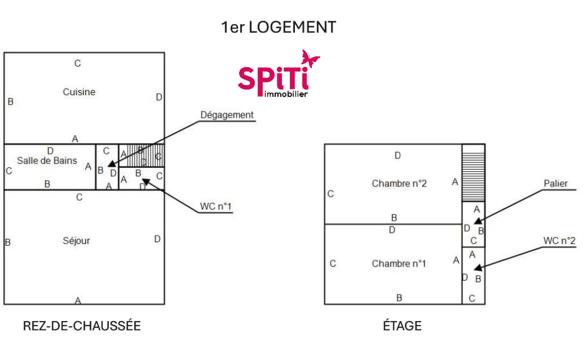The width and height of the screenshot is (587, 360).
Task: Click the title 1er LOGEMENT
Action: point(278,27)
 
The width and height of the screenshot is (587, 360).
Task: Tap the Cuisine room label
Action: point(79,92)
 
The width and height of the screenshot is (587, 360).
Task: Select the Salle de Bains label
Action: point(47,161)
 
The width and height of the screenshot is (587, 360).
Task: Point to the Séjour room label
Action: point(76,241)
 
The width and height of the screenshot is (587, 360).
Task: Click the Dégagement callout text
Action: point(227,115)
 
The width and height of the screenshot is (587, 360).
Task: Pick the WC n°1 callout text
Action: point(216,206)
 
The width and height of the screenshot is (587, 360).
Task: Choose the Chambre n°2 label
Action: point(399,184)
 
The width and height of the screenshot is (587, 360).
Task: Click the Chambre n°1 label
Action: point(399,264)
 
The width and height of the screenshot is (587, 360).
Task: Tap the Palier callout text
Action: point(555,184)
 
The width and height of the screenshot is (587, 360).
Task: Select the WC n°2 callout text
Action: point(559,241)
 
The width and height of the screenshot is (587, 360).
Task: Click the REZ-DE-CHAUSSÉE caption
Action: point(82,326)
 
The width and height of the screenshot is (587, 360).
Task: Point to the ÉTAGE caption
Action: point(402,326)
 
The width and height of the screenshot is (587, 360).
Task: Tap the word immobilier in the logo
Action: point(286,94)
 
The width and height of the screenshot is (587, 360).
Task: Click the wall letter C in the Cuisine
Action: point(77,63)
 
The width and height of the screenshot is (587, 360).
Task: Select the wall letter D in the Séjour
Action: point(157,239)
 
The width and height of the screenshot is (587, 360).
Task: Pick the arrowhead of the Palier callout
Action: point(478,221)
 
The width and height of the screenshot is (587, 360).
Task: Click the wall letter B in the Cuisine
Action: point(11,102)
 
